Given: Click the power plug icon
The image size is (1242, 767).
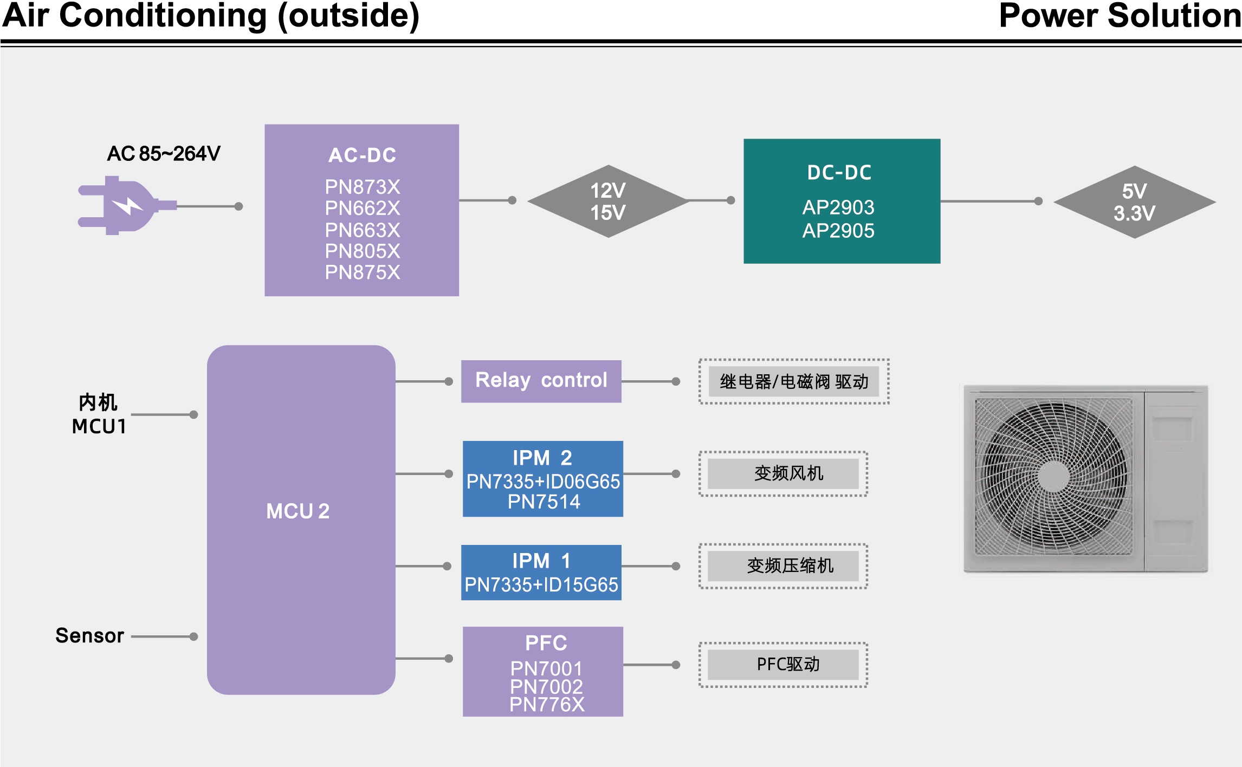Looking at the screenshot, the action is point(127,205).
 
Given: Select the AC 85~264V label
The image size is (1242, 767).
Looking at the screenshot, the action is point(164,154).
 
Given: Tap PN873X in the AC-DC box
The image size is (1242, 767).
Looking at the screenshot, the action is point(363,187).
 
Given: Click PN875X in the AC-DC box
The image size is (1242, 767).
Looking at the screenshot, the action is point(363,272).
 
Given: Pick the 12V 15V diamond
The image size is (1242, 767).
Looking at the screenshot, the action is point(608,201).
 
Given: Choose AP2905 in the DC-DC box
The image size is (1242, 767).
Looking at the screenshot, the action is point(838,231).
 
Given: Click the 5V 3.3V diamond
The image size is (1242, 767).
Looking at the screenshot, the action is point(1135,202).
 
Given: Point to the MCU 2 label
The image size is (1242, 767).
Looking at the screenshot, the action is point(298,511).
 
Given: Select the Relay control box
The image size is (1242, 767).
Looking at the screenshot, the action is point(541,381).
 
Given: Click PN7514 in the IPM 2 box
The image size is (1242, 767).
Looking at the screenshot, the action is point(544,502).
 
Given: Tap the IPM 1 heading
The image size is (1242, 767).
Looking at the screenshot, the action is point(541,561).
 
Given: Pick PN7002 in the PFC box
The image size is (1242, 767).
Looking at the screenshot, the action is point(546,687).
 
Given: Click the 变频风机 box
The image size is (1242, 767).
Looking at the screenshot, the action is point(784,474).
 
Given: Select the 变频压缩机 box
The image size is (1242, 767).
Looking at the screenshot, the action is point(784,566).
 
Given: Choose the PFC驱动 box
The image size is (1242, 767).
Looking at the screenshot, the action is point(784,665).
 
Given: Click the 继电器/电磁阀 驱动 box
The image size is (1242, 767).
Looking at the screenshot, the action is point(794,382).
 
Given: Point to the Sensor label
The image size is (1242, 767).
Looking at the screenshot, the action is point(90,636).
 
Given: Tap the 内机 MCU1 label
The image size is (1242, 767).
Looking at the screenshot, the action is point(99,415).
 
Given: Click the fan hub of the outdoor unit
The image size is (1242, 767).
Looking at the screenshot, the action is point(1053,477).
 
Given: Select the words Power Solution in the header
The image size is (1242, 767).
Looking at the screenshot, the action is point(1120,16).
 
